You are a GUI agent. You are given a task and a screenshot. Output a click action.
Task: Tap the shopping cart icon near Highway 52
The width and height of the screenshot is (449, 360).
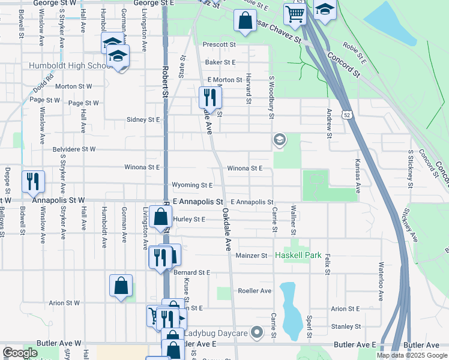tap(295, 13)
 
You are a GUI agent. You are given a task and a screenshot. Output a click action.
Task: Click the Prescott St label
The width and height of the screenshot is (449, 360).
tap(219, 44)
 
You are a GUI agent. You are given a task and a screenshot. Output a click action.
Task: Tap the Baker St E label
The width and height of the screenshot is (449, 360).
tap(220, 62)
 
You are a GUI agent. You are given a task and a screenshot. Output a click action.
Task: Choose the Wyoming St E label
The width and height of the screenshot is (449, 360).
tap(192, 185)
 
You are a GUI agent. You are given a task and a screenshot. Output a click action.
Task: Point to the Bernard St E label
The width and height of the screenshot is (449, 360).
tap(191, 272)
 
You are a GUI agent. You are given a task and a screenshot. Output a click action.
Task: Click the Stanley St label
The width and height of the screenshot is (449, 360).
tap(346, 326)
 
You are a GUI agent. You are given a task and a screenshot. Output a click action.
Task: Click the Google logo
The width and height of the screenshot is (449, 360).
tap(20, 353)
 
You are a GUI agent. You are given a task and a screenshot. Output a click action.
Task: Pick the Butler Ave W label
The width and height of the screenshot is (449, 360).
tap(61, 343)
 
